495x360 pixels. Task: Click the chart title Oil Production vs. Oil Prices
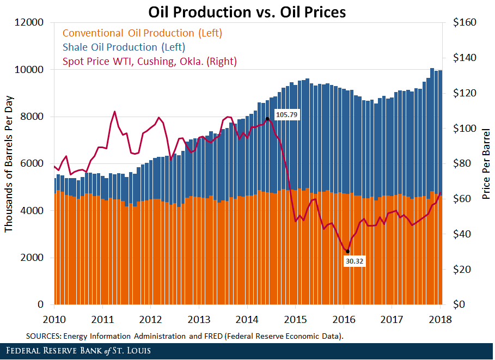(x=247, y=11)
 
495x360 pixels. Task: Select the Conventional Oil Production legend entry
(x=143, y=33)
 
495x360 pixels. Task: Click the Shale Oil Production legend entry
(x=124, y=47)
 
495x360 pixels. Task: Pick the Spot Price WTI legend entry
(x=150, y=62)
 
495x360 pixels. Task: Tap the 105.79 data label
(x=286, y=115)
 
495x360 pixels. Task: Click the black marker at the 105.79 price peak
(x=267, y=118)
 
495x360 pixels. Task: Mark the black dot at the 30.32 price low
(x=348, y=251)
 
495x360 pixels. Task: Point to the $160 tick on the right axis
(x=464, y=23)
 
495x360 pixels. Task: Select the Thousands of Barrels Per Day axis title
(x=9, y=163)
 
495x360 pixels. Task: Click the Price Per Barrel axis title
(x=486, y=163)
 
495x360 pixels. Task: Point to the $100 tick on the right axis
(x=464, y=129)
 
